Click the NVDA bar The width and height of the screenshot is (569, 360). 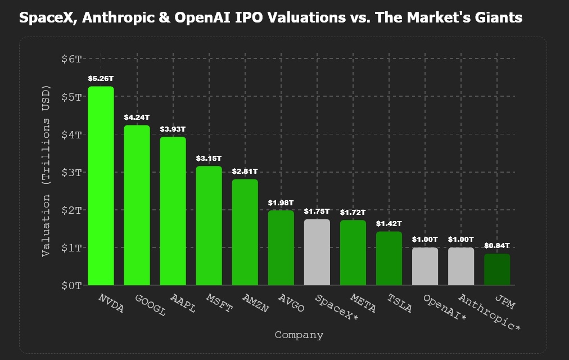click(x=101, y=186)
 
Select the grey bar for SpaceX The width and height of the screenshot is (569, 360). click(x=317, y=252)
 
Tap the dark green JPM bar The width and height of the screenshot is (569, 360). click(x=497, y=269)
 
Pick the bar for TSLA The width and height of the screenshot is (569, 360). click(x=389, y=258)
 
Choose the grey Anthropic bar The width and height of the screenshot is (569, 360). click(x=461, y=266)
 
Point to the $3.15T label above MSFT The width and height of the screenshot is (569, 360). click(x=209, y=159)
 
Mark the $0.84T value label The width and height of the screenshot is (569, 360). click(x=497, y=246)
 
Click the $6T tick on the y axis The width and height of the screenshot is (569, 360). click(x=71, y=58)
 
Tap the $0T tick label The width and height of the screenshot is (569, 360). click(x=71, y=285)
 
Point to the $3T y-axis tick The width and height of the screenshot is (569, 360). click(x=71, y=172)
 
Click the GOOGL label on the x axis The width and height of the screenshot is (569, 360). click(x=150, y=305)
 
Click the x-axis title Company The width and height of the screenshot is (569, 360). click(x=299, y=335)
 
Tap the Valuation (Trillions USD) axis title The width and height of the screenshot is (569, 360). click(x=47, y=171)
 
